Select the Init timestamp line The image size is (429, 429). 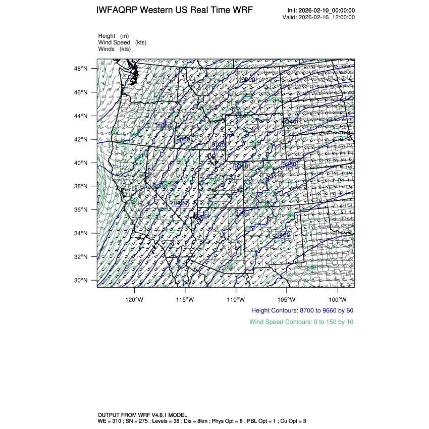[320, 11]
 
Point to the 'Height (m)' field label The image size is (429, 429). [114, 36]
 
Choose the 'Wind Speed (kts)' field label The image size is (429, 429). [122, 42]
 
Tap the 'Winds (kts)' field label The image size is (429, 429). [114, 49]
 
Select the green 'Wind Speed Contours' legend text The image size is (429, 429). [301, 321]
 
